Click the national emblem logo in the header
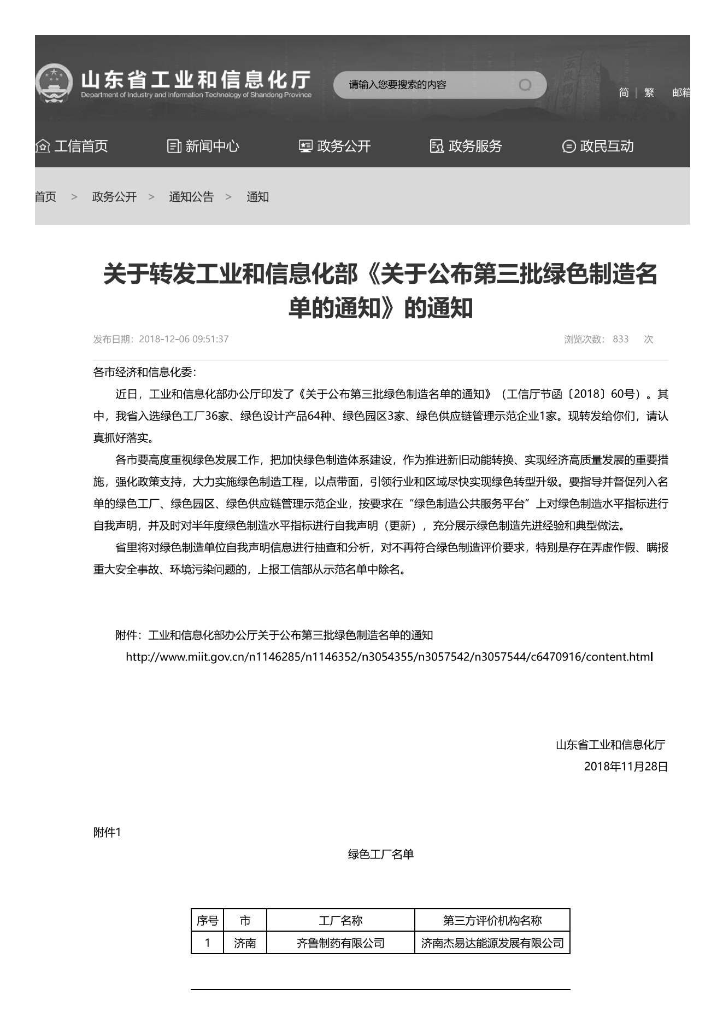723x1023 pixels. pyautogui.click(x=53, y=84)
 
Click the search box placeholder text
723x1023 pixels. pyautogui.click(x=398, y=85)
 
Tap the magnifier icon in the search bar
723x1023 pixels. pyautogui.click(x=525, y=85)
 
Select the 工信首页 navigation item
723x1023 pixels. pyautogui.click(x=72, y=146)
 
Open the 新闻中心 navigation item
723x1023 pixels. pyautogui.click(x=203, y=146)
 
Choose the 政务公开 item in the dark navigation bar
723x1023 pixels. pyautogui.click(x=335, y=146)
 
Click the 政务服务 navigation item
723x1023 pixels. pyautogui.click(x=466, y=146)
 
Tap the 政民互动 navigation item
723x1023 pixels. pyautogui.click(x=598, y=146)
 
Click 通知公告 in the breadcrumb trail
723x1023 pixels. pyautogui.click(x=191, y=197)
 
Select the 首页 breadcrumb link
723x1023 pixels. pyautogui.click(x=46, y=197)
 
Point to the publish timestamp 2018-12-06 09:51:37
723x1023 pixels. pyautogui.click(x=184, y=339)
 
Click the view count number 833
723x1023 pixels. pyautogui.click(x=620, y=339)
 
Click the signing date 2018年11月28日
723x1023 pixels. pyautogui.click(x=626, y=767)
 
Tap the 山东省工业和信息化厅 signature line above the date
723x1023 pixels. pyautogui.click(x=610, y=745)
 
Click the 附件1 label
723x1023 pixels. pyautogui.click(x=107, y=832)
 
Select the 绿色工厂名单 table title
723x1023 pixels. pyautogui.click(x=381, y=854)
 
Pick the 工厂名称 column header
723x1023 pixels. pyautogui.click(x=340, y=921)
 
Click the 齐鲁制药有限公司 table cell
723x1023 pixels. pyautogui.click(x=340, y=943)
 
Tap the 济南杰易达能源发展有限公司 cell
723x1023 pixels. pyautogui.click(x=492, y=943)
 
